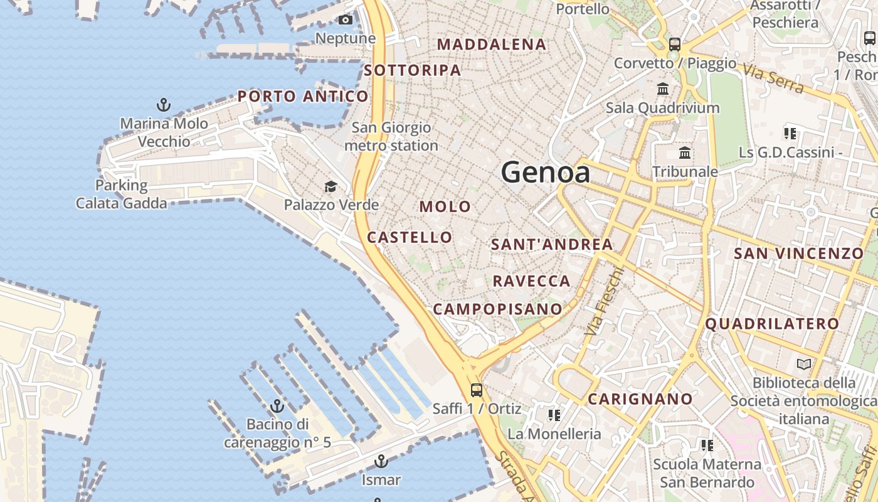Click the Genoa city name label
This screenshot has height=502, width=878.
pos(546,172)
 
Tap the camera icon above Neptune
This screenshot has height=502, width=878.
pos(345,20)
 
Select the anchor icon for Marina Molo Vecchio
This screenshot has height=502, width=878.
pos(164,104)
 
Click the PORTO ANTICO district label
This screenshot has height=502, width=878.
pos(303,97)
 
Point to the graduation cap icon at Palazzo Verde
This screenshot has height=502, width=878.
pos(331,186)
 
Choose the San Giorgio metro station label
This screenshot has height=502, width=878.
pos(391,137)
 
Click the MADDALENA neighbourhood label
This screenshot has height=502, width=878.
pos(492,45)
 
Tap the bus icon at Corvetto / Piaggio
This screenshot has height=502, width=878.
pos(675,44)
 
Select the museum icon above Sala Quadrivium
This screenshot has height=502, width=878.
pos(663,88)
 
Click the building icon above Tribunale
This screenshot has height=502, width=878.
pos(685,152)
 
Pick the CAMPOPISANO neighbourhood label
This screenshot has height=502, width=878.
pos(498,309)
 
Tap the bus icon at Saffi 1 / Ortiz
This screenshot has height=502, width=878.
pos(477,390)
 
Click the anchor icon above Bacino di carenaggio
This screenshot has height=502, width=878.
pos(277,405)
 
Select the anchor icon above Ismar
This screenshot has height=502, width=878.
pos(381,461)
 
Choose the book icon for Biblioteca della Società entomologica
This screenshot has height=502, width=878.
pos(803,364)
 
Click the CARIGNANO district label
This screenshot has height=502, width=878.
pos(640,399)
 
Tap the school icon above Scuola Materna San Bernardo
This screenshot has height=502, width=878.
pos(707,446)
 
